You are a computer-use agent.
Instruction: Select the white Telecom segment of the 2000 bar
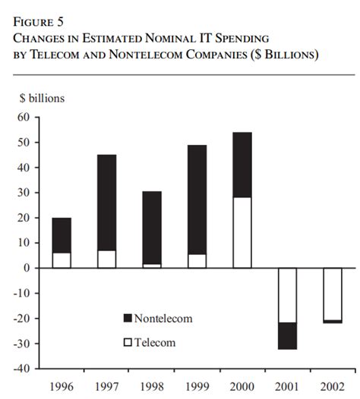[x=242, y=232]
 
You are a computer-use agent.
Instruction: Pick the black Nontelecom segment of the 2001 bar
[x=287, y=335]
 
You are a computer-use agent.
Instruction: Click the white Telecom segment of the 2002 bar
[x=332, y=294]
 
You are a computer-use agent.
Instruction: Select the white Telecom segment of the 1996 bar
[x=62, y=260]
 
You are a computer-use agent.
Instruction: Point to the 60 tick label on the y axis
[x=24, y=118]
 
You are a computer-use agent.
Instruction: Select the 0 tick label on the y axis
[x=27, y=268]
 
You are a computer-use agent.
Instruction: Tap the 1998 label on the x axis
[x=151, y=385]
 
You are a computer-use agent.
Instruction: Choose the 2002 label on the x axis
[x=332, y=385]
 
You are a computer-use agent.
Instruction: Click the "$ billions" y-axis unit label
[x=42, y=98]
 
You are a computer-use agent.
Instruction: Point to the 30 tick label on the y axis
[x=24, y=193]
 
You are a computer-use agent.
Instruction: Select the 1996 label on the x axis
[x=62, y=385]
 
